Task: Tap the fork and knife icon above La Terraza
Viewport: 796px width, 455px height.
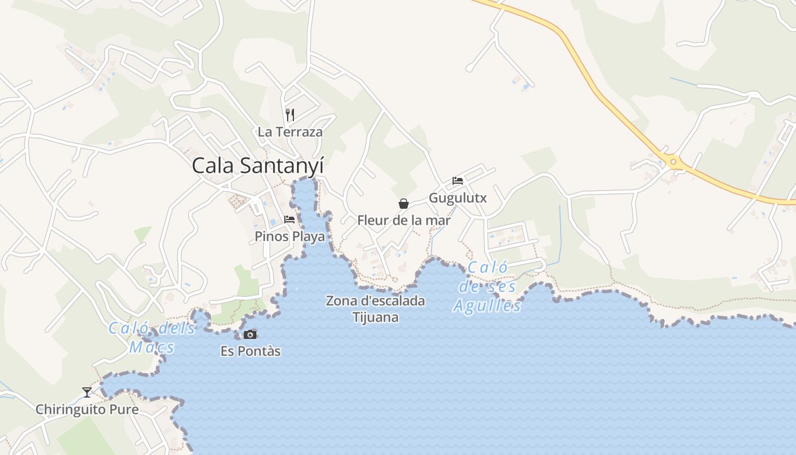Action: (x=290, y=115)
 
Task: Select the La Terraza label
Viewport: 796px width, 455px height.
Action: (x=290, y=132)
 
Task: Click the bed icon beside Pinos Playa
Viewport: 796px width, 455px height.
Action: (x=289, y=220)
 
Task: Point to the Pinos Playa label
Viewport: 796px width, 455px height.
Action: (x=290, y=236)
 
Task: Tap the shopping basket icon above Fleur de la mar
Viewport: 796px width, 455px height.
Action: (x=404, y=204)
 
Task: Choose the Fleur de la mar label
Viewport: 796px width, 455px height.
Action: (x=404, y=220)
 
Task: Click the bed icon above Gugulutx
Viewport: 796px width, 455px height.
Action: (x=458, y=181)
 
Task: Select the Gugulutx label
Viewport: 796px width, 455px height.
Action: (x=458, y=198)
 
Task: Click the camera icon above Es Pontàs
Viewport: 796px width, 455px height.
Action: (x=250, y=334)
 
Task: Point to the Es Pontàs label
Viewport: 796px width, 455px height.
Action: (x=250, y=351)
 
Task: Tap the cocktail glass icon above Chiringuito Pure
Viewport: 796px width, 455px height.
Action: (x=86, y=392)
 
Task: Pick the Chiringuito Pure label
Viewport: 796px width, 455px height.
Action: (x=87, y=409)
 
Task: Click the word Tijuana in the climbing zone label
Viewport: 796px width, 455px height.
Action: (x=375, y=317)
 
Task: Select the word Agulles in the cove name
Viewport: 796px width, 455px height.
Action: (x=487, y=307)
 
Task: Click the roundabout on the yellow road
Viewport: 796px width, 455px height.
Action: (x=673, y=162)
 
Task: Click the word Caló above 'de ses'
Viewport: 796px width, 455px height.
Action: (x=488, y=268)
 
